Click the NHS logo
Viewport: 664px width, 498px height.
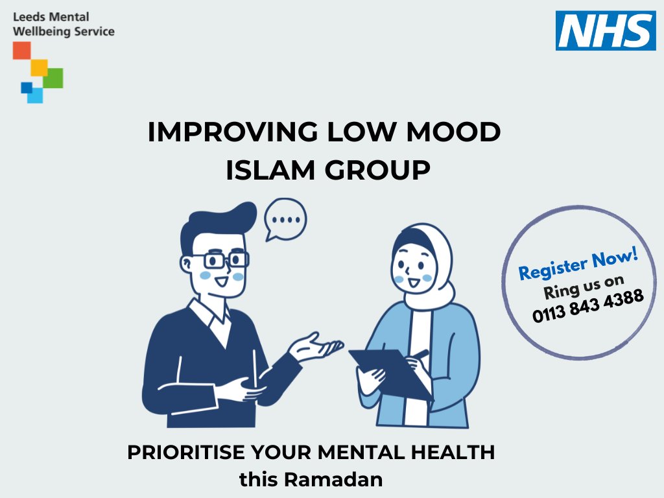(x=605, y=30)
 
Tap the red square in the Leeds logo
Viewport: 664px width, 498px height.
(x=22, y=51)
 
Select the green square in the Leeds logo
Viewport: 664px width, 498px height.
(x=54, y=78)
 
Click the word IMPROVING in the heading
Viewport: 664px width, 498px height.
(x=232, y=132)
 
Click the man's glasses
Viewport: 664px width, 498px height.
(x=226, y=261)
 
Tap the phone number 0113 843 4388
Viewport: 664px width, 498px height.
(x=588, y=305)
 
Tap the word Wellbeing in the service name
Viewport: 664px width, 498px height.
(x=42, y=31)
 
